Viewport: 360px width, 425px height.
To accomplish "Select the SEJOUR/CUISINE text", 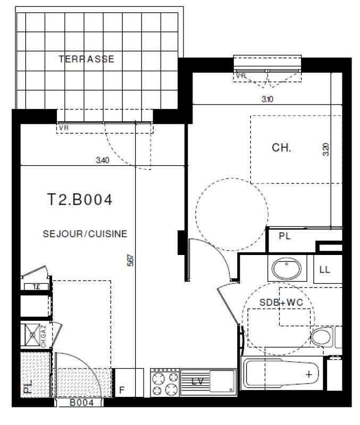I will click(86, 233).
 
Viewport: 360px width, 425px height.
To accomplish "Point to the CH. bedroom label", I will click(281, 148).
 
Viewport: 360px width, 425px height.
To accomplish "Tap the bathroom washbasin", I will click(287, 269).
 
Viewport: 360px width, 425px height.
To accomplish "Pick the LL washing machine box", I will click(324, 269).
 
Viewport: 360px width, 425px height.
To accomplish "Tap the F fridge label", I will click(122, 391).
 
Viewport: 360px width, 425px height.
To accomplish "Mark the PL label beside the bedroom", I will click(285, 236).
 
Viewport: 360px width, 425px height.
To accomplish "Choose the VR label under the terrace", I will click(63, 128).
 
